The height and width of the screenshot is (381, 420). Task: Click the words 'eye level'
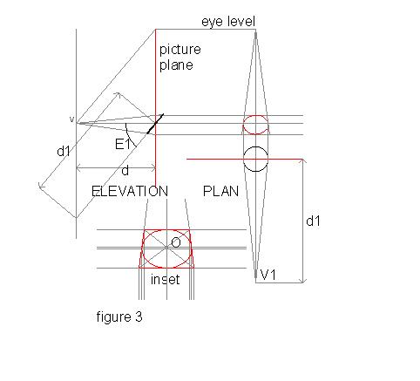(228, 22)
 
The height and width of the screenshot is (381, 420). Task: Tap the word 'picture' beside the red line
(180, 50)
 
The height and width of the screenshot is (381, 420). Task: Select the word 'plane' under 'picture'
(176, 65)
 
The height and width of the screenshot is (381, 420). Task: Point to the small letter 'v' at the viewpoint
(71, 119)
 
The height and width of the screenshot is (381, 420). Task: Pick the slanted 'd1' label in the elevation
(64, 151)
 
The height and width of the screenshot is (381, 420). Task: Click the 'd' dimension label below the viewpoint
(125, 171)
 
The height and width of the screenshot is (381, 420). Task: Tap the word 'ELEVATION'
(130, 191)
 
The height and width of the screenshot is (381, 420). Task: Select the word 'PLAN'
(220, 191)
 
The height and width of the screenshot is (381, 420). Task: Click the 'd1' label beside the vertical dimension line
(313, 221)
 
